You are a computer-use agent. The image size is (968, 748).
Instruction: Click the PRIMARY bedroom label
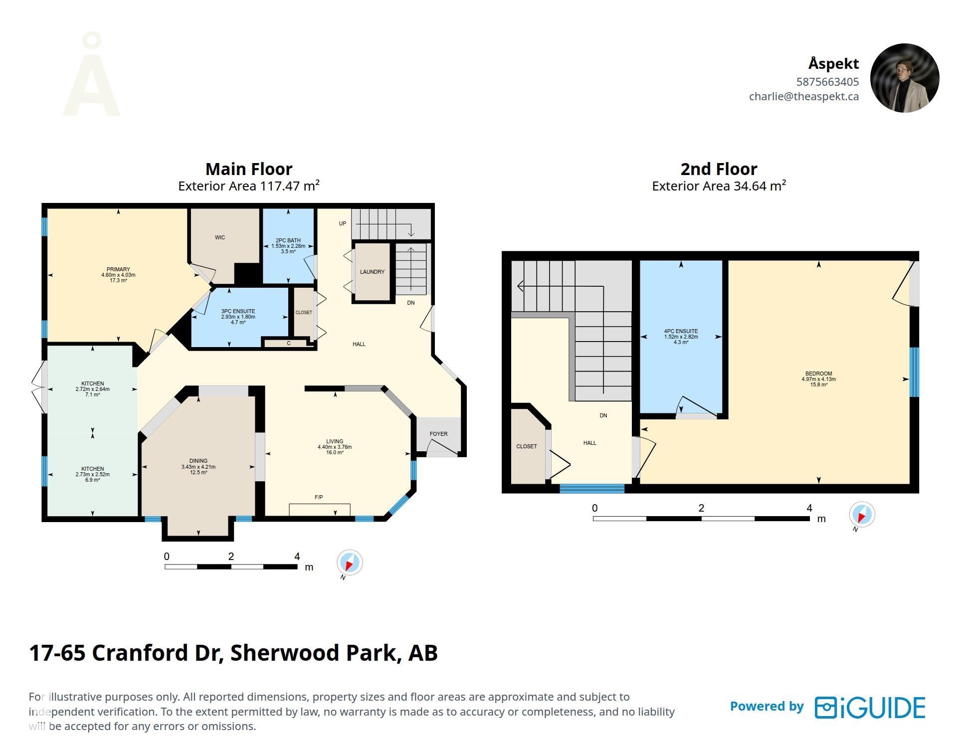(x=118, y=269)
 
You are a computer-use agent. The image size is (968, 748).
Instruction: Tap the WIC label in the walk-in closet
(x=220, y=237)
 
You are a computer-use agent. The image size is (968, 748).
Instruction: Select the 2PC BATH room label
(x=288, y=240)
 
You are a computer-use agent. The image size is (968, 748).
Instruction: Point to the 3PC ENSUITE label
(x=238, y=311)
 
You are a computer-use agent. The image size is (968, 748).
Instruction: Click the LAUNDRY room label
(x=372, y=272)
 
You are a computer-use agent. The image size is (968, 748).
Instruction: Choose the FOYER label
(x=438, y=434)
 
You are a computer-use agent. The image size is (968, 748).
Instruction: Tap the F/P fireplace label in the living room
(x=319, y=497)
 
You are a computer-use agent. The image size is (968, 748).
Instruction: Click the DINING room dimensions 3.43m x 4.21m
(x=198, y=467)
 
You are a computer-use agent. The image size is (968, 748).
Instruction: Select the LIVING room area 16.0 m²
(x=335, y=452)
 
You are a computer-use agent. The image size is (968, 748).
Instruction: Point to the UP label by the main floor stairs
(x=342, y=223)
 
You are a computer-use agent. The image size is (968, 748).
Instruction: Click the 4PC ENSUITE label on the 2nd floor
(x=681, y=331)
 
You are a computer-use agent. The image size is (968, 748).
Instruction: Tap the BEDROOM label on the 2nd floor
(x=818, y=374)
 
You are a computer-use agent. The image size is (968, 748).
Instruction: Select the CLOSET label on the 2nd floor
(x=527, y=446)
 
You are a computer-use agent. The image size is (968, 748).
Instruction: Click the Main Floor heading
(x=249, y=169)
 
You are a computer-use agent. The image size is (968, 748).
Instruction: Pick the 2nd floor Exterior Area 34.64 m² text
(x=719, y=186)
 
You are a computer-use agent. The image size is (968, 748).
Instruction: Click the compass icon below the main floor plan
(x=350, y=562)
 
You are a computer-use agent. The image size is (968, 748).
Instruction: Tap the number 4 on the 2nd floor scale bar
(x=809, y=508)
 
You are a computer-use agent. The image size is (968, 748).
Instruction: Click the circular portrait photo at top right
(x=904, y=78)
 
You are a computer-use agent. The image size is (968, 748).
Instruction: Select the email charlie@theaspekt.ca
(x=803, y=96)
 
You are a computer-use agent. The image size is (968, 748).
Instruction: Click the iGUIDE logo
(x=870, y=708)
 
